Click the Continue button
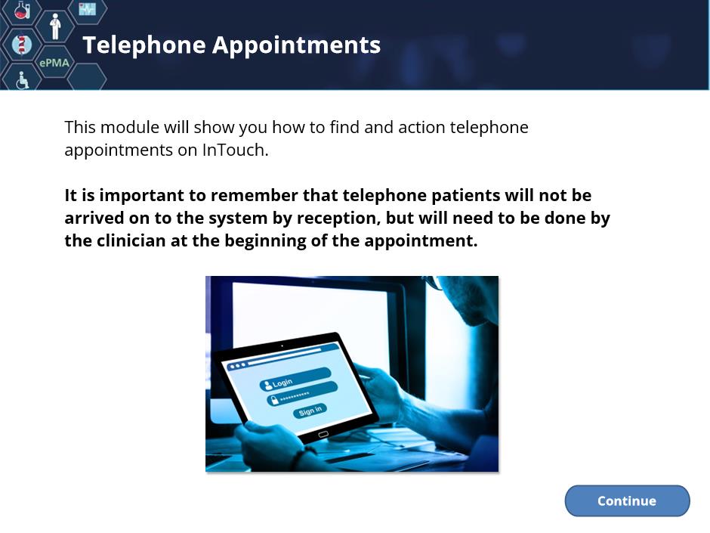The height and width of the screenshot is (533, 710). (x=627, y=500)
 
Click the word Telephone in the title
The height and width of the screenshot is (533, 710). (x=144, y=46)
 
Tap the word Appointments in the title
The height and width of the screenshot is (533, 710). (x=297, y=46)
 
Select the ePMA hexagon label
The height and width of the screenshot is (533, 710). (x=54, y=63)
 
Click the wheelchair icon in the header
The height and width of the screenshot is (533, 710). (x=22, y=80)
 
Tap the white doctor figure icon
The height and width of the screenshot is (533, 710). (x=55, y=26)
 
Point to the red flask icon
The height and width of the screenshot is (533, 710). (x=22, y=9)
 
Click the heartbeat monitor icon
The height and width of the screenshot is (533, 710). (x=88, y=8)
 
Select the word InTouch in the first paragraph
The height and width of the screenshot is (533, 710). (x=236, y=150)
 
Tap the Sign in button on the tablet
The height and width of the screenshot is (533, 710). (x=310, y=411)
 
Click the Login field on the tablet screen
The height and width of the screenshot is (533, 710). (x=295, y=380)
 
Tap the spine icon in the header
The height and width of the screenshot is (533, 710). (x=21, y=45)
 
